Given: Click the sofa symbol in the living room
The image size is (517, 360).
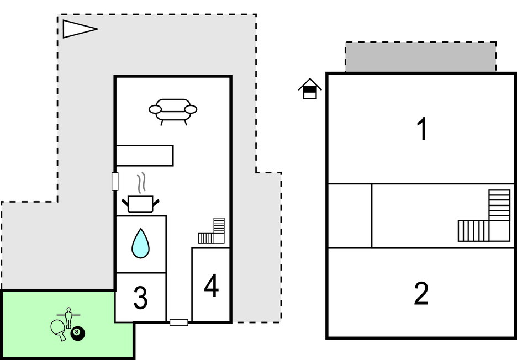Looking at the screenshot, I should click(173, 110).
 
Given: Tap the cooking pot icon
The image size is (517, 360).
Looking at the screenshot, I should click(140, 204).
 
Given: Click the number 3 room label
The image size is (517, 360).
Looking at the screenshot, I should click(140, 299).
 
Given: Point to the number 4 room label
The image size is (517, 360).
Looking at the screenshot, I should click(211, 285).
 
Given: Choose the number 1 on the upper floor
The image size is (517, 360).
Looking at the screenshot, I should click(422, 129).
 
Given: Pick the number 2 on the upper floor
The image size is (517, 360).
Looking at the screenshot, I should click(421, 294).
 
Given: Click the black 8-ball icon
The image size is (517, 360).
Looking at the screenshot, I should click(78, 333).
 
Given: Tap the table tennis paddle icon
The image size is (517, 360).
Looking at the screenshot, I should click(58, 329).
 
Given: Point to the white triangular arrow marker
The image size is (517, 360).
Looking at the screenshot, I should click(77, 29).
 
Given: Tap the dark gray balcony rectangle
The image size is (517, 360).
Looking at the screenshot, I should click(420, 56).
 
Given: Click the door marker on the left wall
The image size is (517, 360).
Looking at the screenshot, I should click(115, 181).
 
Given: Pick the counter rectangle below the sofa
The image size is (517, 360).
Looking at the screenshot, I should click(145, 155).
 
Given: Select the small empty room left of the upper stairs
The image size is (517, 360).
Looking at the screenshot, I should click(350, 216).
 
